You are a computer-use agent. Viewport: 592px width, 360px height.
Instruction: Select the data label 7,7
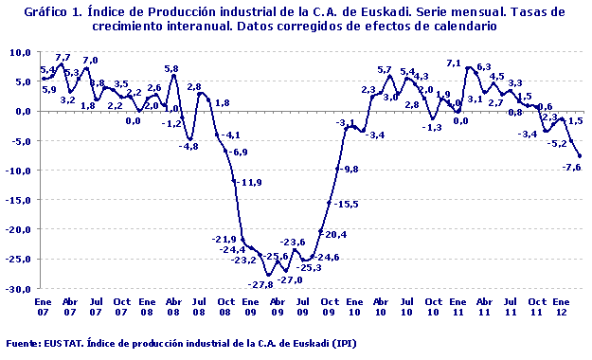coord(63,58)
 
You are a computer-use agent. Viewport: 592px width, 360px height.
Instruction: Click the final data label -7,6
coord(570,168)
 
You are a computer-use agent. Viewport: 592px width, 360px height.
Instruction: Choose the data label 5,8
coord(171,68)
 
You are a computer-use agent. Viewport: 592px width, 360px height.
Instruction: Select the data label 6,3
coord(483,67)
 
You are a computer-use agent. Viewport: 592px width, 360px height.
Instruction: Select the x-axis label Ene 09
coord(249,309)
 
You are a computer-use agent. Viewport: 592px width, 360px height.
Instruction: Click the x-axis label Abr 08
coord(172,309)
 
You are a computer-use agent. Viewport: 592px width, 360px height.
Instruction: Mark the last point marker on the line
coord(579,156)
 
